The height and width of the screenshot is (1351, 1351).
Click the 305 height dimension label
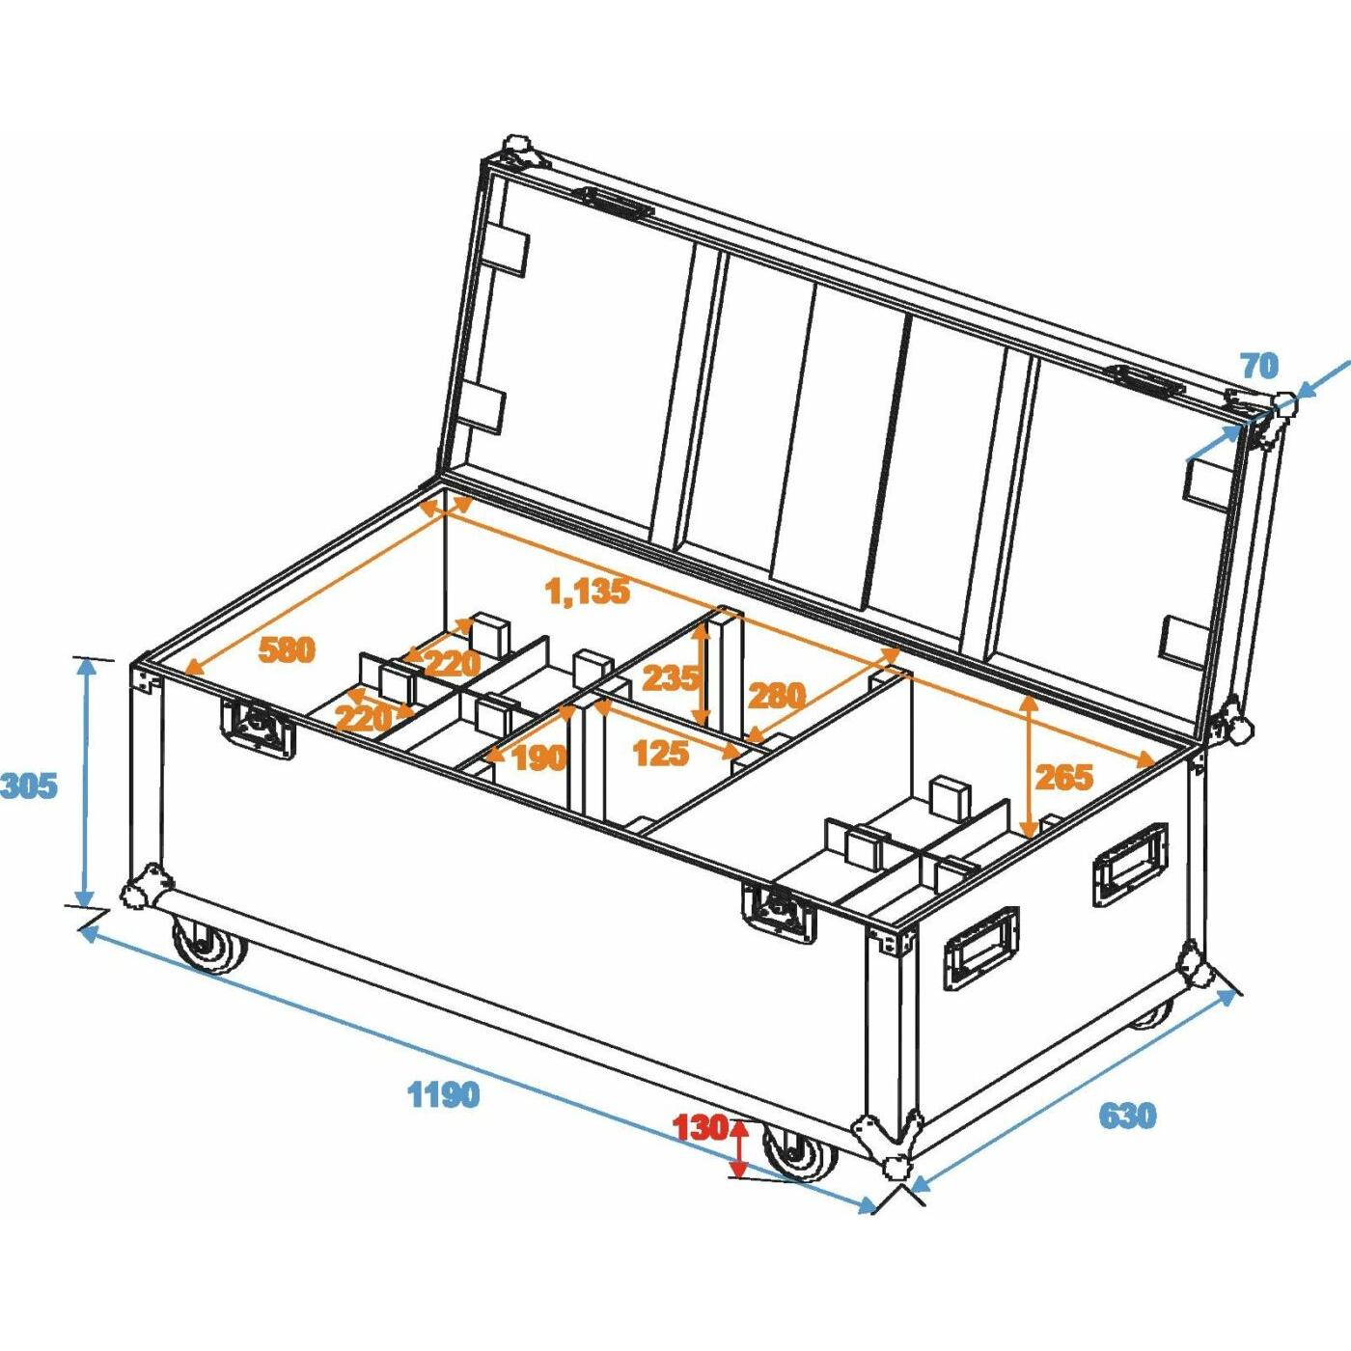[29, 786]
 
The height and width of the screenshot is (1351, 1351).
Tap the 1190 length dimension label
[443, 1095]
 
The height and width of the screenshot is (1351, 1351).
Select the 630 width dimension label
[1127, 1116]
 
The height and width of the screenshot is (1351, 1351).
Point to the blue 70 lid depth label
[1259, 366]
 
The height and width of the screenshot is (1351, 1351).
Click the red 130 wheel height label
[700, 1127]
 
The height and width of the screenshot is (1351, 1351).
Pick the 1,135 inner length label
[588, 591]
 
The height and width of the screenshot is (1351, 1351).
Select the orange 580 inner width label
[287, 650]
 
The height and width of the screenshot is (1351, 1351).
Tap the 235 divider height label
[670, 678]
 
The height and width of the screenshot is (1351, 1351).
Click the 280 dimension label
[777, 695]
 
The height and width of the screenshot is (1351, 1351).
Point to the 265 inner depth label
[1064, 777]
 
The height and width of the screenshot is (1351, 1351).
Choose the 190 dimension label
[538, 758]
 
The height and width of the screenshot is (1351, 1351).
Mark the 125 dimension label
[661, 753]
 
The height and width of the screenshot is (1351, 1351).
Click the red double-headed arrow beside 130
[739, 1148]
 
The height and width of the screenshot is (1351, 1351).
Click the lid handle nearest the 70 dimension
[1144, 381]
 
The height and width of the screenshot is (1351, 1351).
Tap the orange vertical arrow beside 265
[1030, 767]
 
